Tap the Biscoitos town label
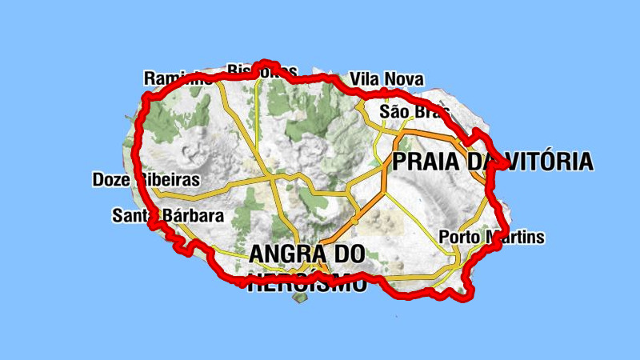point(262,70)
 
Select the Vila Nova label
point(386,79)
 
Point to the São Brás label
point(410,111)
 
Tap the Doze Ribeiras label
point(146,179)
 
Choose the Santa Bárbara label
point(167,215)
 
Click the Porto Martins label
point(491,237)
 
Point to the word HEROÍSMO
point(307,283)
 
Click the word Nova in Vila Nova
point(404,79)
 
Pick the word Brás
point(425,111)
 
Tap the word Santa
point(131,215)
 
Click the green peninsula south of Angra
point(301,298)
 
